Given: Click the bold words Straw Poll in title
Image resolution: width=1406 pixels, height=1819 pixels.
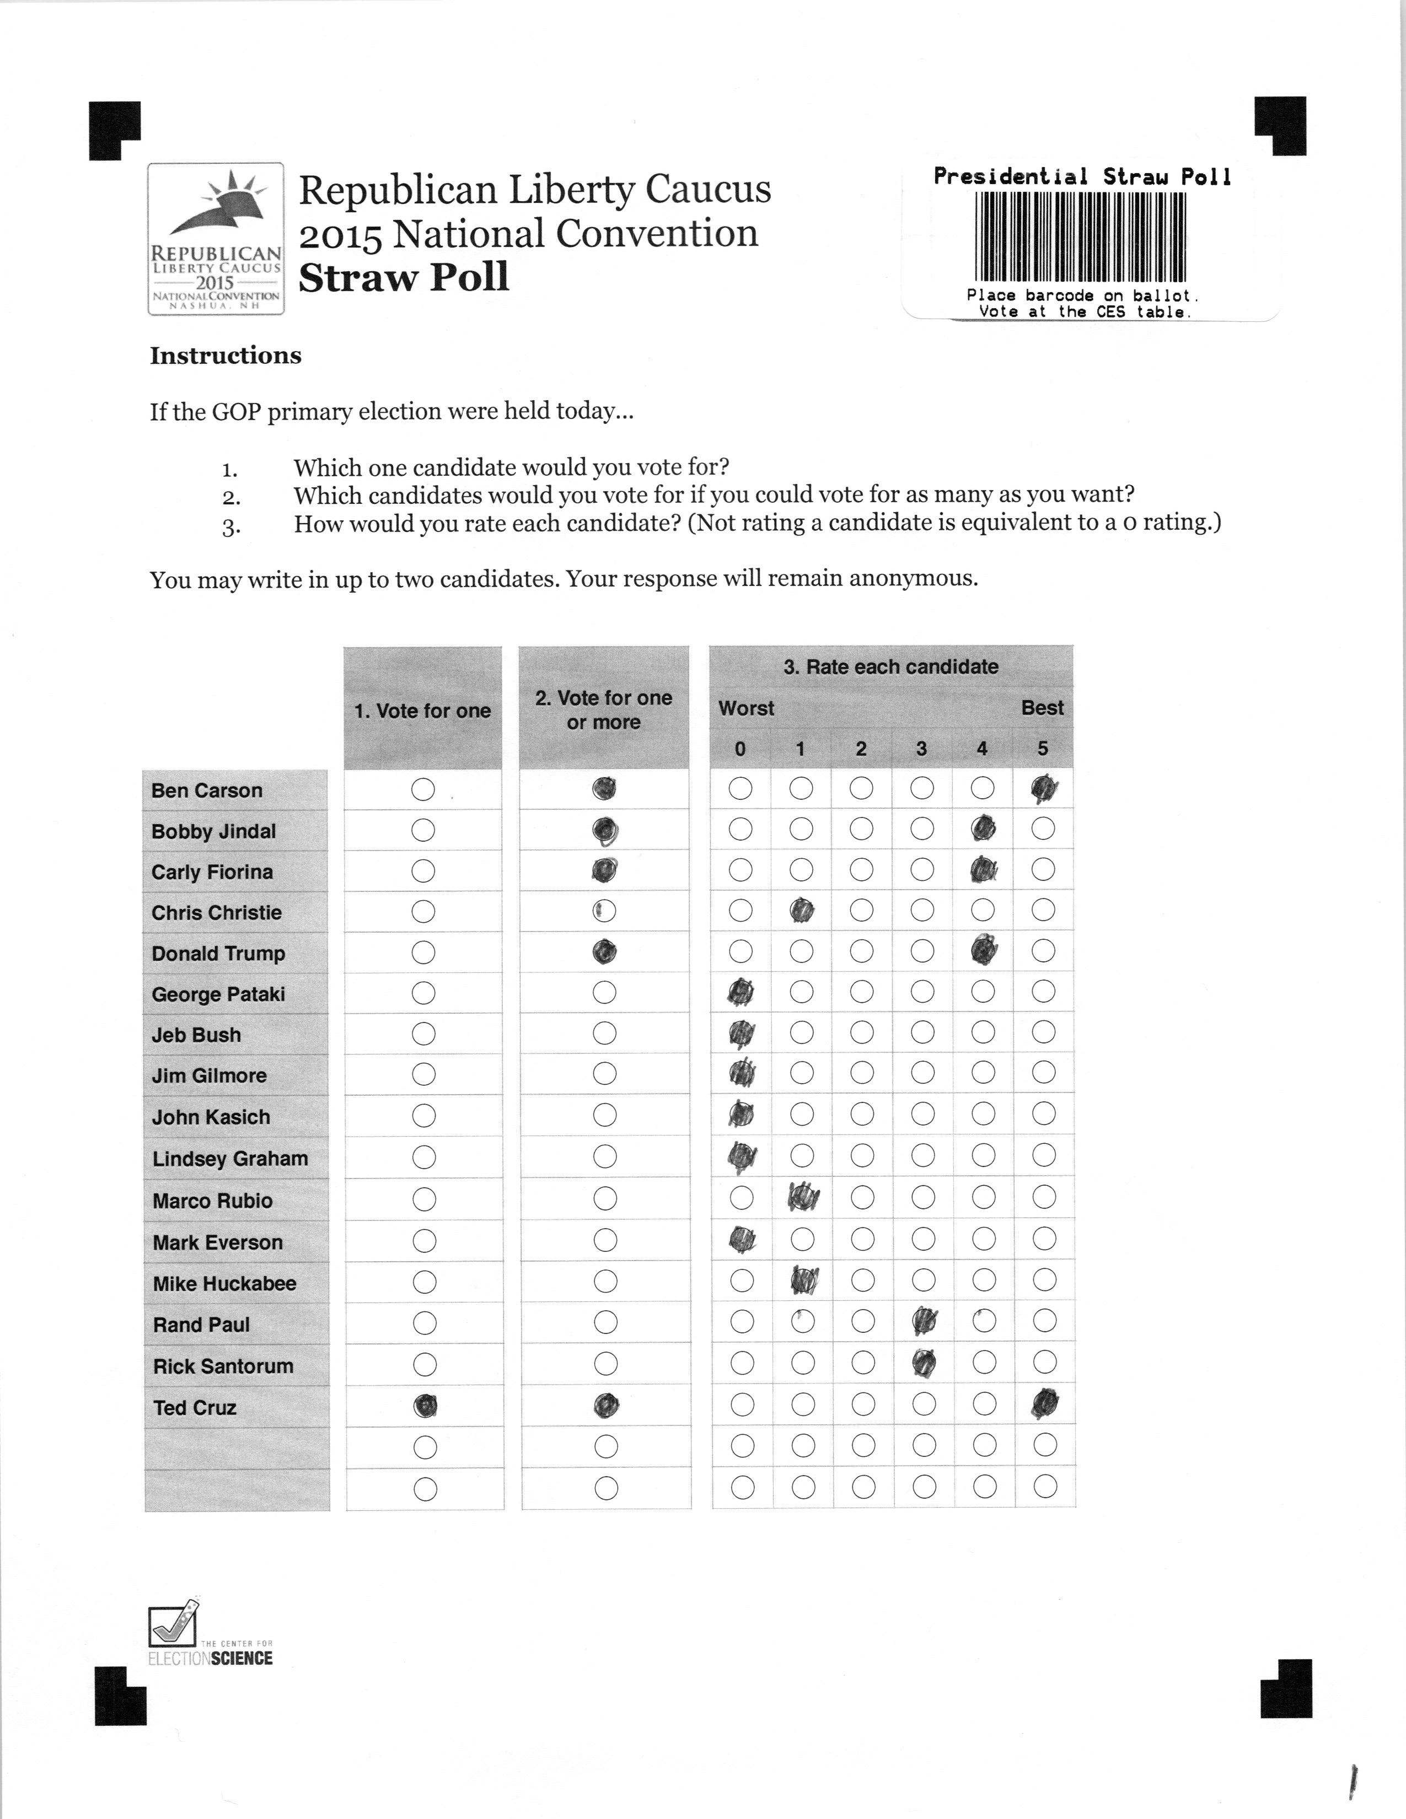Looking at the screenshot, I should (404, 277).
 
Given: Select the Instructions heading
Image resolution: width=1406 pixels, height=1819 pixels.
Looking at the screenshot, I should (226, 356).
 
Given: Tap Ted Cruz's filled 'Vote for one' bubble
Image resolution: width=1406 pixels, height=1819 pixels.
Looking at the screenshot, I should (426, 1406).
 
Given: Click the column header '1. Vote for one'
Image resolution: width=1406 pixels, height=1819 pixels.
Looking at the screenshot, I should (422, 711).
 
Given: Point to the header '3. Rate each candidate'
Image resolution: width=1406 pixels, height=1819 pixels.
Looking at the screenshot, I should (890, 666).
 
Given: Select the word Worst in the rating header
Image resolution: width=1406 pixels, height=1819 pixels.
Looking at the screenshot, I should (747, 708).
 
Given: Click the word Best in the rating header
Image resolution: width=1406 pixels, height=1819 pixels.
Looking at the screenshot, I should (1042, 708).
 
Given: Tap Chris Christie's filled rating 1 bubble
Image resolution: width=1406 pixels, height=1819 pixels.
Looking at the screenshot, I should (801, 911).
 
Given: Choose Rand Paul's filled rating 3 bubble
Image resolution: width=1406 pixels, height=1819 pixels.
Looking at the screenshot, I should (923, 1321).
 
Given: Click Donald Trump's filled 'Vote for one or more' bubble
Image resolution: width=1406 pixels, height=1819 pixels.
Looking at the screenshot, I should (605, 951).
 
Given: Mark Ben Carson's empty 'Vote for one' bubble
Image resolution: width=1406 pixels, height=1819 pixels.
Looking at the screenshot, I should (423, 789).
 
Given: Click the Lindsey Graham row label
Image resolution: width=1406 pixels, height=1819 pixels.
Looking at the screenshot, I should (230, 1159).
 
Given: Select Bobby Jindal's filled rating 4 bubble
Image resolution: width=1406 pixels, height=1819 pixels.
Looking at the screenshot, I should (984, 828).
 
